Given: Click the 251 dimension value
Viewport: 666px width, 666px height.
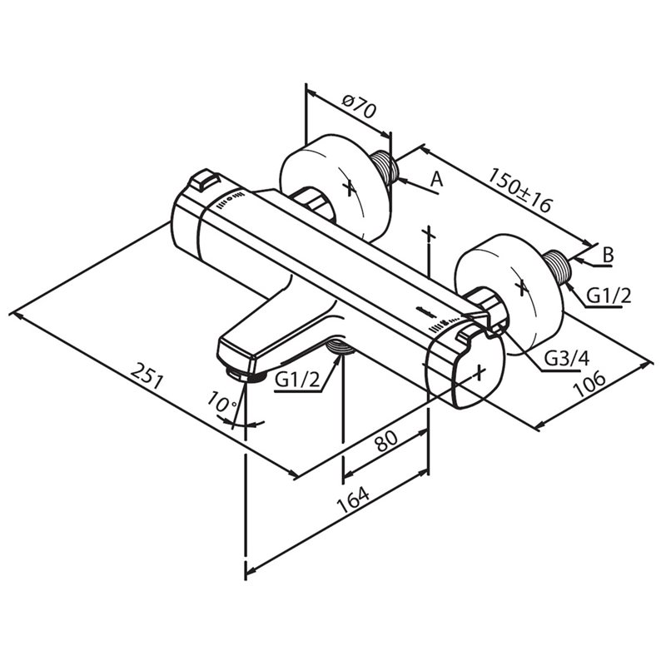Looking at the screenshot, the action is [x=147, y=375].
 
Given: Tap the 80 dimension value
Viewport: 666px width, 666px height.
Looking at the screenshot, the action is [x=386, y=441].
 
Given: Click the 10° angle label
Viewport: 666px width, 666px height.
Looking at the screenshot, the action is [x=221, y=402].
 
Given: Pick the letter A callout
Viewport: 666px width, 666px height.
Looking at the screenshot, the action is [x=436, y=179].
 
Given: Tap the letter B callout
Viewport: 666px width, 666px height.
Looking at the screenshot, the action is [x=609, y=256].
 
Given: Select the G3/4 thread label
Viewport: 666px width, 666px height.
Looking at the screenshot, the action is [x=567, y=360].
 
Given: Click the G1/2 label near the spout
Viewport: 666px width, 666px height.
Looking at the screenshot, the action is [x=297, y=380].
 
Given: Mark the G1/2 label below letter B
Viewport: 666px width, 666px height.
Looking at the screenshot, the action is [x=609, y=296].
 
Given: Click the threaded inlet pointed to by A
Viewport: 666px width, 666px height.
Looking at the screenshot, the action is [x=385, y=167].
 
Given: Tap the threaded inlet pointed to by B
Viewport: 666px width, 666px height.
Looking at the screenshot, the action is [x=557, y=267].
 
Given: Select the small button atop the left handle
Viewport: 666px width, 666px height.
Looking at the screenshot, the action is [x=204, y=180].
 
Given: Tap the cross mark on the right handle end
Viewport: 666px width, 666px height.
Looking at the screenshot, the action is [x=480, y=372].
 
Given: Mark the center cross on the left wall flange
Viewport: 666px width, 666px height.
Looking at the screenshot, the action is [x=350, y=186].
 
